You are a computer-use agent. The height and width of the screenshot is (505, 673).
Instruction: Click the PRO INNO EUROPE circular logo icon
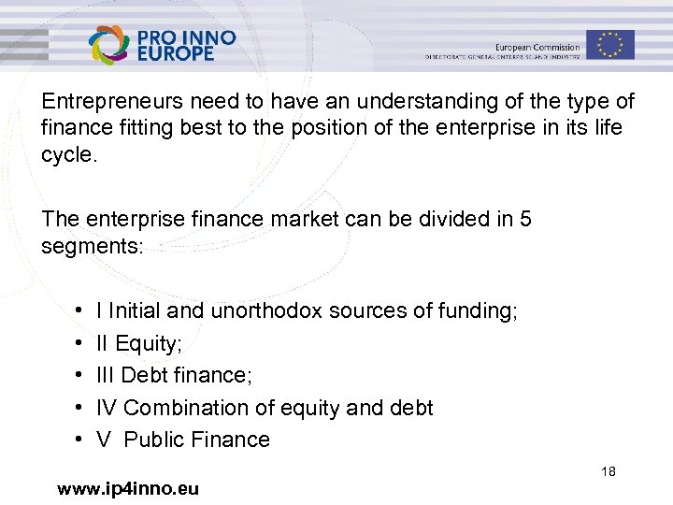coord(110,44)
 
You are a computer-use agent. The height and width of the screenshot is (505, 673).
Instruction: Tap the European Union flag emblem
coord(610,44)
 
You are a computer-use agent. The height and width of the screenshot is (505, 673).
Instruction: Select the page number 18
coord(609,473)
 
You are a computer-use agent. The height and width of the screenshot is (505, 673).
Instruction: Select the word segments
coord(91,246)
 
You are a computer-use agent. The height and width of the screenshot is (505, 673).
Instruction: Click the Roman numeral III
coord(106,375)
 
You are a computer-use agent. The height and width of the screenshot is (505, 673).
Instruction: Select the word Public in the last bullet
coord(155,440)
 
